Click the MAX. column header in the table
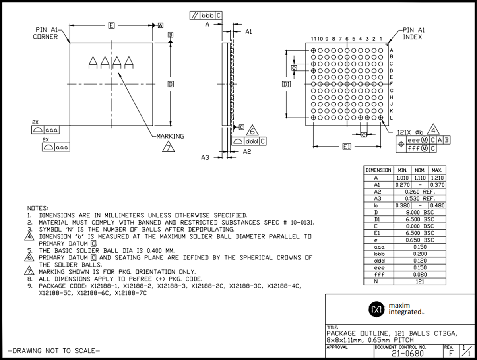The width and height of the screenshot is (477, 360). pyautogui.click(x=437, y=170)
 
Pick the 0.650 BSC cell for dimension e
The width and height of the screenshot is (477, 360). pyautogui.click(x=419, y=240)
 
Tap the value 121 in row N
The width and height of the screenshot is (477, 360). pyautogui.click(x=419, y=281)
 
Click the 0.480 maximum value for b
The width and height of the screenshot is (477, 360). pyautogui.click(x=437, y=205)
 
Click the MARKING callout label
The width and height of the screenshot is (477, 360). pyautogui.click(x=170, y=136)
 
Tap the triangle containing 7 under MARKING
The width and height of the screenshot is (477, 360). pyautogui.click(x=169, y=147)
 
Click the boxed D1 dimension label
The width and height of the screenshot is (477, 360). pyautogui.click(x=286, y=84)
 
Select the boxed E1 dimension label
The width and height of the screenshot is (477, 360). pyautogui.click(x=347, y=147)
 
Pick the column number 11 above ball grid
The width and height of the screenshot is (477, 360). pyautogui.click(x=314, y=39)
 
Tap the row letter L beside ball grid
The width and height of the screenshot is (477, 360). pyautogui.click(x=392, y=118)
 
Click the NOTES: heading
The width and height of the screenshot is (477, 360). pyautogui.click(x=37, y=208)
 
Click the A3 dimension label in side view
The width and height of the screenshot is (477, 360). pyautogui.click(x=205, y=157)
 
